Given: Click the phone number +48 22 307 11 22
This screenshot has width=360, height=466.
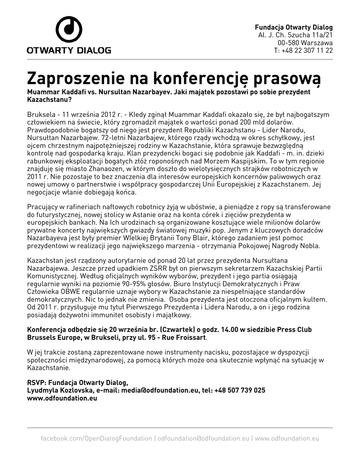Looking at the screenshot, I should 307,51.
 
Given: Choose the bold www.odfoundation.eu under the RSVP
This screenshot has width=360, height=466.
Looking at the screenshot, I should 62,398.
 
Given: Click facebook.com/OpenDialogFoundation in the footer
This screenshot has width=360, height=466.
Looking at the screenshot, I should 96,438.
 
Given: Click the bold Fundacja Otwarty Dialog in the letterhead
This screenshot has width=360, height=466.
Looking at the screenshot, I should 294,27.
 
